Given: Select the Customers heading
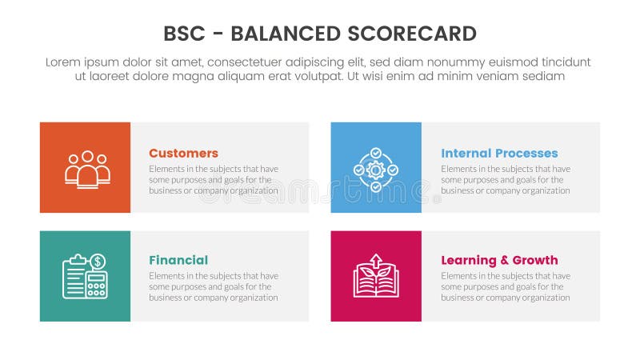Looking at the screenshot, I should point(183,153).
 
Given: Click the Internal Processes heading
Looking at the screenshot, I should point(499,153).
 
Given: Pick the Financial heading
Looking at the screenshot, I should point(178,260).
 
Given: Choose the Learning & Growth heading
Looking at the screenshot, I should point(499,260).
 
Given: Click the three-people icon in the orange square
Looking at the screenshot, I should point(87,169).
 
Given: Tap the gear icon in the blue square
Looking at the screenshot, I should point(376,169).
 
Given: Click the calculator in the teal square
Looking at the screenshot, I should point(97,285).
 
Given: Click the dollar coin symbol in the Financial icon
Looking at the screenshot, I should point(98,262).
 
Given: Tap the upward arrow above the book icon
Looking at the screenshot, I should point(376,260).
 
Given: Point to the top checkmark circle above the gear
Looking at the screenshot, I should point(376,152).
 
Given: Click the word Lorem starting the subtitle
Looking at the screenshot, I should point(64,62).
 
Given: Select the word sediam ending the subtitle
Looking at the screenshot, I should point(544,77).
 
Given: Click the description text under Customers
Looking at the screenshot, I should point(214,180).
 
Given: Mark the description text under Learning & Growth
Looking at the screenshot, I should point(506,286).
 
